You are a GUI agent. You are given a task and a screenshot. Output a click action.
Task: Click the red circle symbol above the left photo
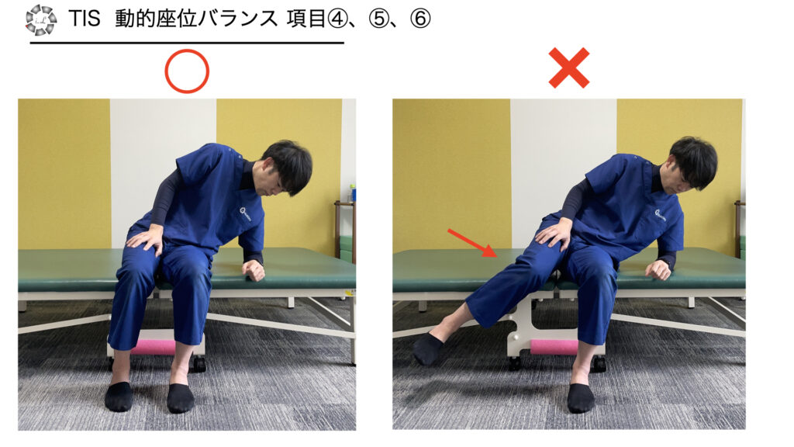pyautogui.click(x=187, y=50)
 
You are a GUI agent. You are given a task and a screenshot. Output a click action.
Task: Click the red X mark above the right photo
pyautogui.click(x=569, y=68)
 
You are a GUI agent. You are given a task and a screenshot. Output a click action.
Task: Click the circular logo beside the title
pyautogui.click(x=41, y=20)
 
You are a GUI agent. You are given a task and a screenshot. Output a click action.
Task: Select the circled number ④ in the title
pyautogui.click(x=338, y=19)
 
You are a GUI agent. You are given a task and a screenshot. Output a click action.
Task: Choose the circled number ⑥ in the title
pyautogui.click(x=420, y=19)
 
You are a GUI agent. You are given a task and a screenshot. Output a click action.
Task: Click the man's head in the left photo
pyautogui.click(x=286, y=168)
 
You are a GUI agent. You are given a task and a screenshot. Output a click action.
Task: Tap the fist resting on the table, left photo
pyautogui.click(x=254, y=270)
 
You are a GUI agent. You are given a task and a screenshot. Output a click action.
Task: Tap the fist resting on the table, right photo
pyautogui.click(x=659, y=269)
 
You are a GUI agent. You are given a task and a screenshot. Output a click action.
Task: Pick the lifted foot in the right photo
pyautogui.click(x=427, y=348)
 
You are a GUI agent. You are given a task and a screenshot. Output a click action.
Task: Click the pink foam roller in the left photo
pyautogui.click(x=154, y=347)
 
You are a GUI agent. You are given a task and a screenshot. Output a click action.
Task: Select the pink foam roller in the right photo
pyautogui.click(x=554, y=347)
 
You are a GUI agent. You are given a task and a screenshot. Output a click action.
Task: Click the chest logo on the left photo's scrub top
pyautogui.click(x=245, y=213)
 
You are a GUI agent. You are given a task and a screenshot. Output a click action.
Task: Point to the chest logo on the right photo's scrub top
pyautogui.click(x=660, y=216)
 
